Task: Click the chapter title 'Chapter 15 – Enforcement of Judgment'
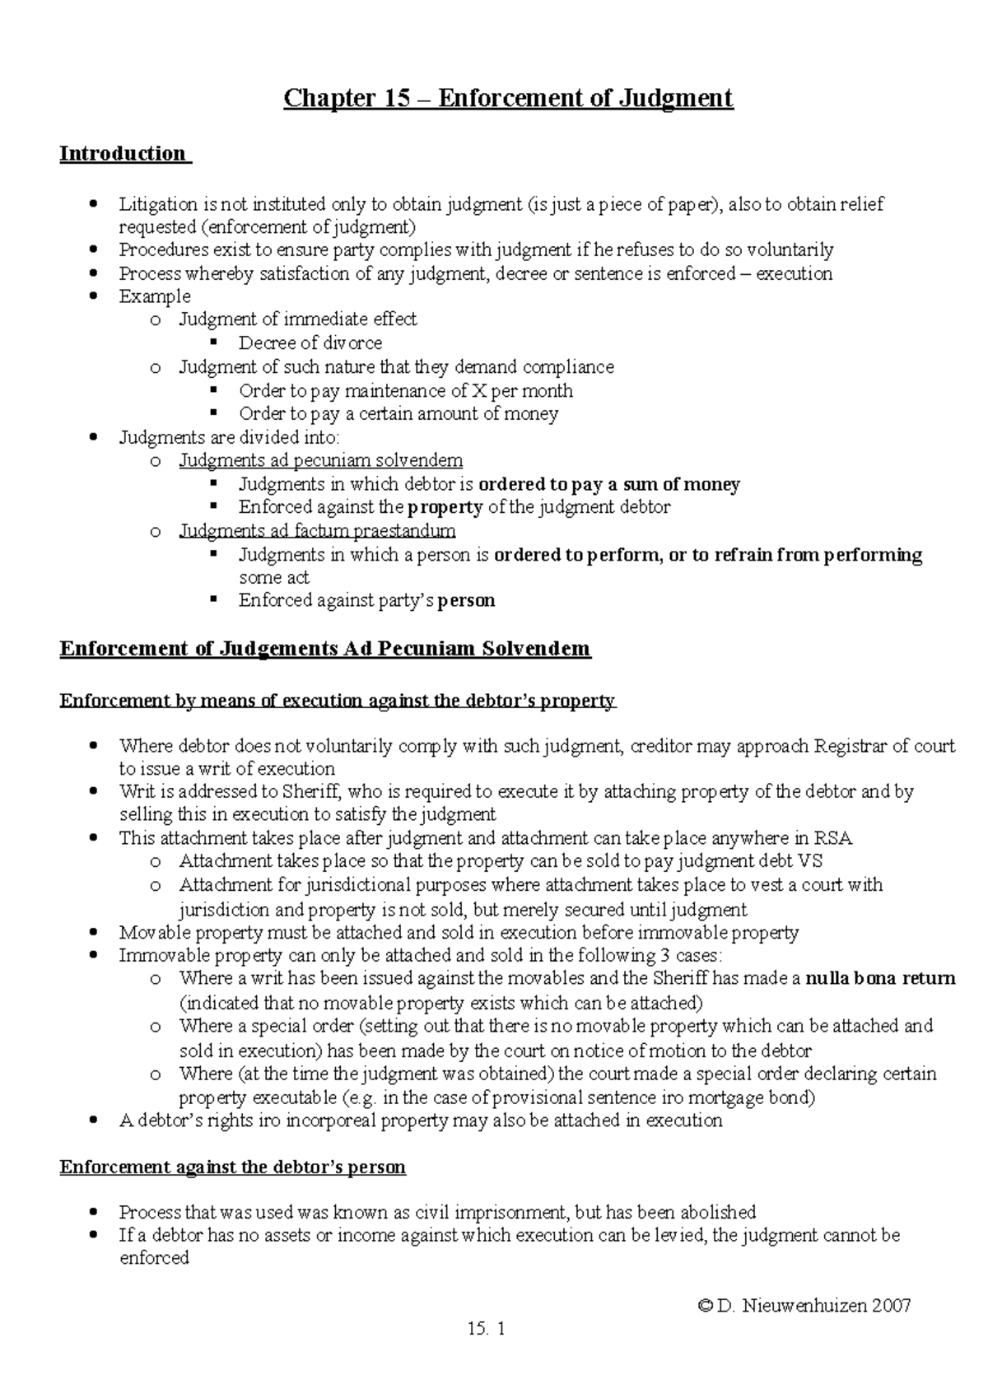(x=508, y=99)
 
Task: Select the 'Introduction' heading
(x=123, y=154)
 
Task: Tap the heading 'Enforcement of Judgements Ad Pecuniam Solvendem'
(x=325, y=649)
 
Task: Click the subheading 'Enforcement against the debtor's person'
(x=233, y=1167)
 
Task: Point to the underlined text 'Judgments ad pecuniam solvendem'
(x=321, y=460)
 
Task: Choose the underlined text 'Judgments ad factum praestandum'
(x=318, y=531)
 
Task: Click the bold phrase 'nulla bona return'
(x=880, y=979)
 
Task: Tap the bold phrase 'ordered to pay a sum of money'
(x=609, y=484)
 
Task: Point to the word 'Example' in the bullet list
(x=155, y=296)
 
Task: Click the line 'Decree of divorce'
(x=310, y=343)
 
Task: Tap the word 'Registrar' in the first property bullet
(x=850, y=747)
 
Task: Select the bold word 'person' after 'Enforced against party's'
(x=466, y=601)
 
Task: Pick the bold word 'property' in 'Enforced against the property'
(x=445, y=507)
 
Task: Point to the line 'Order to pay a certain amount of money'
(x=398, y=414)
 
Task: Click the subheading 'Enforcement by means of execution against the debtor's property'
(x=338, y=701)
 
